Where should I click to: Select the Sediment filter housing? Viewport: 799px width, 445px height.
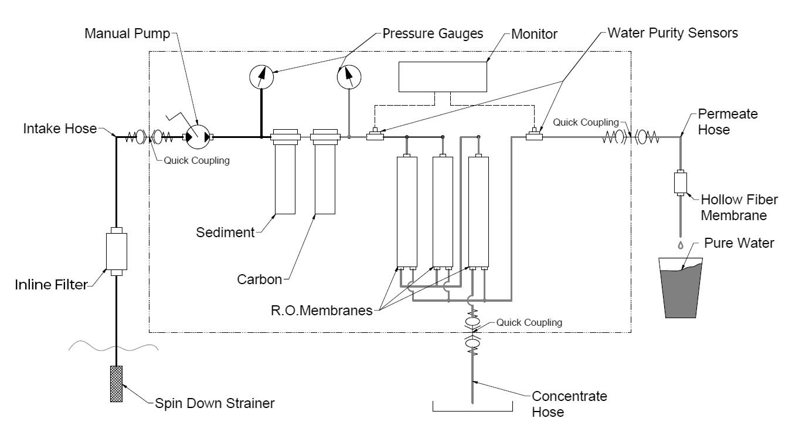(285, 172)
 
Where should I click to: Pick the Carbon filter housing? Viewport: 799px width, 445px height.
(325, 172)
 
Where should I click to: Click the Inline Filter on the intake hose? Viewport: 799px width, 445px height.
(117, 251)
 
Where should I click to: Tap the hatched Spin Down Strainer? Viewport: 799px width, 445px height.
(116, 384)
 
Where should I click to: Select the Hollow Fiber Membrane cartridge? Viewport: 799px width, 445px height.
(681, 183)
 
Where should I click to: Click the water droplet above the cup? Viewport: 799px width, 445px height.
(681, 245)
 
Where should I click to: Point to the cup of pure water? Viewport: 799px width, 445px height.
(681, 288)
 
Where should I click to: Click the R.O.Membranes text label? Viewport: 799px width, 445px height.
(322, 311)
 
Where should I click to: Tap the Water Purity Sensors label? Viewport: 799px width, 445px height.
(673, 33)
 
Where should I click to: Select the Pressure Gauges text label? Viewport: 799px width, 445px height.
(433, 33)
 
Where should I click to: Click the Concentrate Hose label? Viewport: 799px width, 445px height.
(569, 404)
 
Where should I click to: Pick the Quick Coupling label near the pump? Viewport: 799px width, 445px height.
(196, 160)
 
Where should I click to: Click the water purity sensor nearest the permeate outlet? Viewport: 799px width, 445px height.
(534, 134)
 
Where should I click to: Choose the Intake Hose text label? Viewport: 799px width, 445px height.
(60, 129)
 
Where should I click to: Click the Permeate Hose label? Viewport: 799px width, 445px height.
(727, 122)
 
